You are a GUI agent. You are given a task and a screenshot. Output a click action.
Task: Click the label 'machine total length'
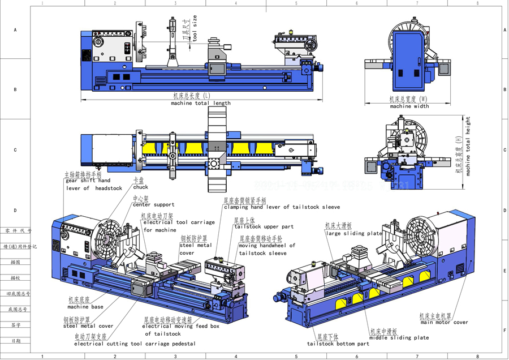point(201,103)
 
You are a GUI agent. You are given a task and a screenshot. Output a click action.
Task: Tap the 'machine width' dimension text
point(409,106)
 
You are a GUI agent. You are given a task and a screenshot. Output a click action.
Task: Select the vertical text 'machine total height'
point(468,147)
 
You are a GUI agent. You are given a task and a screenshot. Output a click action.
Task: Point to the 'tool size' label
point(195,29)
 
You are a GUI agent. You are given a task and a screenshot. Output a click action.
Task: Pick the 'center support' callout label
point(153,205)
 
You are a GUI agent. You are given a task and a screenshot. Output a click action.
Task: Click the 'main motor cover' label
point(444,323)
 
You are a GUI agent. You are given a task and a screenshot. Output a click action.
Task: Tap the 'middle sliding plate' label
point(399,338)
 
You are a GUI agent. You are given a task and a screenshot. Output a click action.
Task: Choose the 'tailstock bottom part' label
point(338,344)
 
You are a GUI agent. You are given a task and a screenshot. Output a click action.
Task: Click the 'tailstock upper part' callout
point(264,226)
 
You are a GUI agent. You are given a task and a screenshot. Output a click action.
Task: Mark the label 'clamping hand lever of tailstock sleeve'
point(282,207)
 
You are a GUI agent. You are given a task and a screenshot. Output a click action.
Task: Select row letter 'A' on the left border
point(15,29)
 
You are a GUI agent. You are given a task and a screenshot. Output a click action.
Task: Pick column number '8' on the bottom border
point(477,357)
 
